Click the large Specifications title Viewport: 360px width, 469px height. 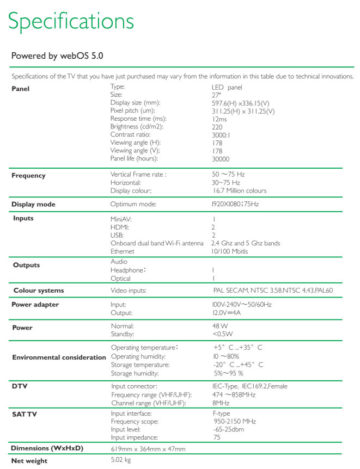coord(71,21)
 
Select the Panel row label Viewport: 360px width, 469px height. coord(21,88)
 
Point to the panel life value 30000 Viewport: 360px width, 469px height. coord(221,159)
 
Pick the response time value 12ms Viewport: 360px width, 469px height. coord(221,119)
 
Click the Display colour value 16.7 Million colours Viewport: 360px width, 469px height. coord(239,191)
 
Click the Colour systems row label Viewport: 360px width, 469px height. coord(38,291)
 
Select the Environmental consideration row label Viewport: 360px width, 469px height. coord(59,357)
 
